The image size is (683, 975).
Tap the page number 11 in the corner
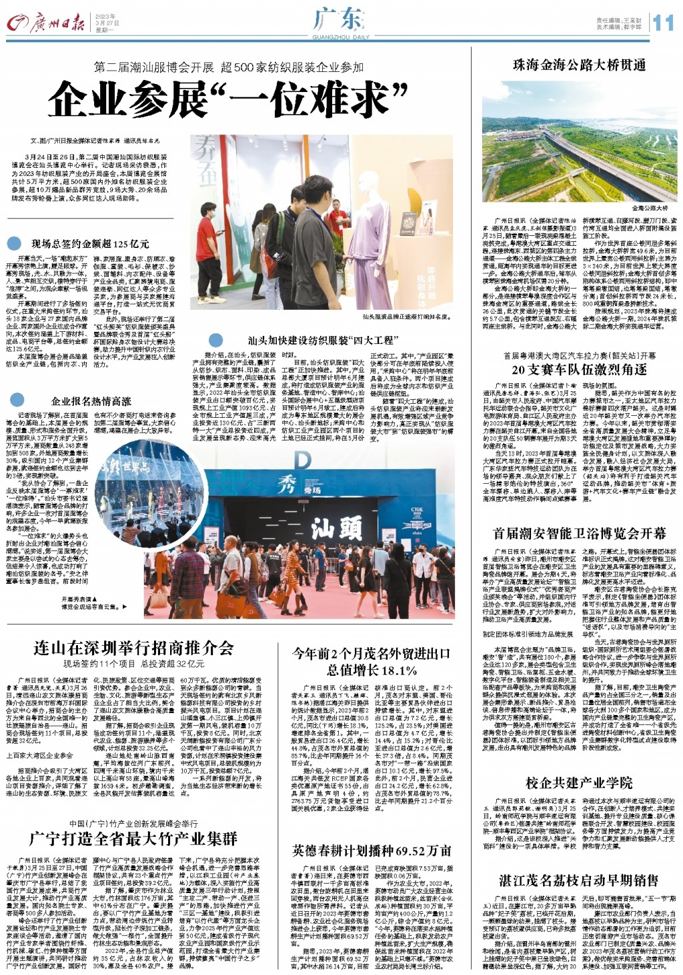coord(663,23)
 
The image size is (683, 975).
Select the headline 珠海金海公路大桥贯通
coord(578,65)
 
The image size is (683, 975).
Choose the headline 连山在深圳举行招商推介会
coord(133,647)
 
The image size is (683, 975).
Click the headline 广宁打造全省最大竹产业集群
coord(133,838)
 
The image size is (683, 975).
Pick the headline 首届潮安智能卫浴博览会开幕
coord(578,533)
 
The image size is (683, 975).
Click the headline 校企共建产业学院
coord(578,782)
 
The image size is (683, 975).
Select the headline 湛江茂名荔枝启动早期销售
coord(578,880)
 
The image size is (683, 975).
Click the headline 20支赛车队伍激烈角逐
coord(579,370)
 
